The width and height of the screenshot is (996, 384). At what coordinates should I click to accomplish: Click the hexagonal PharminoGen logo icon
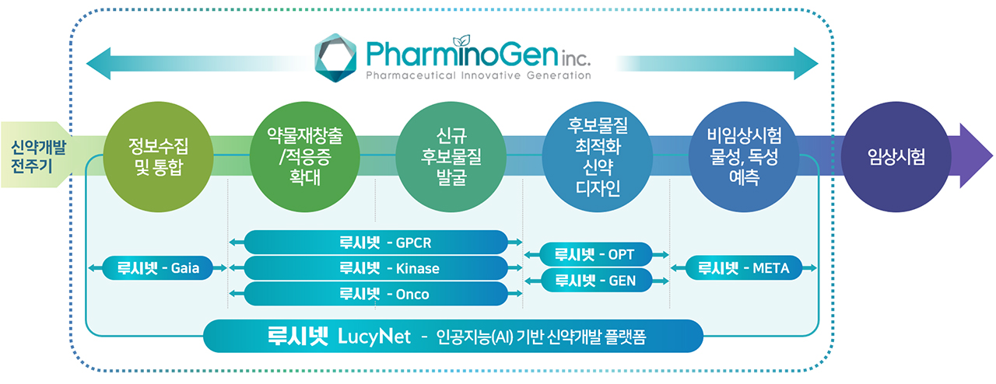point(335,58)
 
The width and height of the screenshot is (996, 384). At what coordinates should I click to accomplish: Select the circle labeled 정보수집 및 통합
point(158,157)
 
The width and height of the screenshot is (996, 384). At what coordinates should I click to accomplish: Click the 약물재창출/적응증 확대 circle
point(304,157)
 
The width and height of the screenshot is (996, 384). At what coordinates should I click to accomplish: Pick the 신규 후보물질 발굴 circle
point(451,157)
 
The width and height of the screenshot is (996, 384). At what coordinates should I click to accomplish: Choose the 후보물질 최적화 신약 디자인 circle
point(598,157)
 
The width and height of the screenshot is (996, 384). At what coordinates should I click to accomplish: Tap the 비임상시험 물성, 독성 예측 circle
point(744,157)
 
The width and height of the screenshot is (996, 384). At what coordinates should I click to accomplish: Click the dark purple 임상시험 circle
point(896,157)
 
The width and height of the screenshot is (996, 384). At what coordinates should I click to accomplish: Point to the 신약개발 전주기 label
point(38,156)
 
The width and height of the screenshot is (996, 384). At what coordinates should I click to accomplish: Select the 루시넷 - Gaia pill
point(158,267)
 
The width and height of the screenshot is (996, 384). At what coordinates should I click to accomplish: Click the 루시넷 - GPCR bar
point(376,243)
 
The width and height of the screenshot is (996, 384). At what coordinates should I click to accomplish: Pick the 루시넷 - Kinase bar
point(376,268)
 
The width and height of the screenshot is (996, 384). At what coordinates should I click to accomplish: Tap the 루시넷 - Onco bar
point(376,294)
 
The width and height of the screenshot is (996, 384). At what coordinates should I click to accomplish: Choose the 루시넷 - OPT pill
point(596,254)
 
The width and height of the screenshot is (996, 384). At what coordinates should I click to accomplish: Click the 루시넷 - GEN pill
point(596,281)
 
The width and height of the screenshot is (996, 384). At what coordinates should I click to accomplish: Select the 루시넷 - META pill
point(744,267)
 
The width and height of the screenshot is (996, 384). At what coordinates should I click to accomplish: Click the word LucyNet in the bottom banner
point(374,337)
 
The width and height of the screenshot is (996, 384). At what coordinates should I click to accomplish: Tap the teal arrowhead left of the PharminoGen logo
point(99,64)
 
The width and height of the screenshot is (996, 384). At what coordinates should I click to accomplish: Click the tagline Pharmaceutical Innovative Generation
point(479,75)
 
